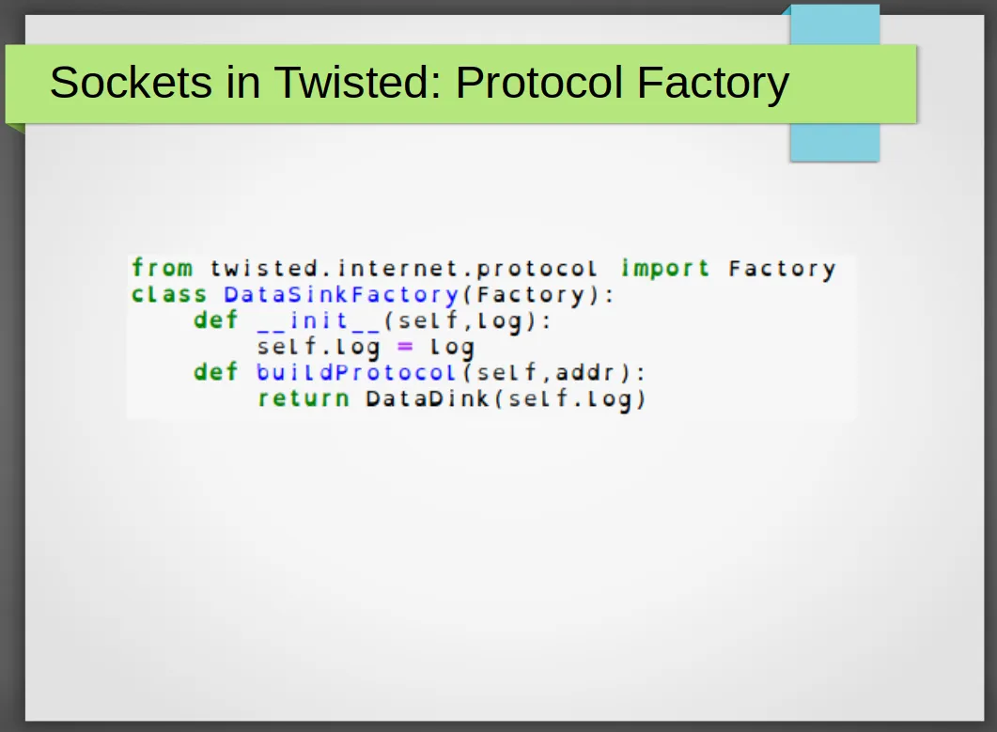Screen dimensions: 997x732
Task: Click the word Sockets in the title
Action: click(131, 82)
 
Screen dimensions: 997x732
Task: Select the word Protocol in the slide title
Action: click(539, 82)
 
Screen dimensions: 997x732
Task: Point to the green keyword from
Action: click(163, 268)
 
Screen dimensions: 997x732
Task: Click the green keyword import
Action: click(665, 269)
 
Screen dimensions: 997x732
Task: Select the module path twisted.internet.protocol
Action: click(404, 269)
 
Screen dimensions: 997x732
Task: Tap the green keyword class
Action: click(169, 294)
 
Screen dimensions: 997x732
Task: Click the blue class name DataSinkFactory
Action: click(341, 295)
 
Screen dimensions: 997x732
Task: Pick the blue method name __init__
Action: click(318, 321)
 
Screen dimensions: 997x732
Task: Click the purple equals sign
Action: click(405, 347)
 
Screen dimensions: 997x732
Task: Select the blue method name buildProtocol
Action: click(356, 373)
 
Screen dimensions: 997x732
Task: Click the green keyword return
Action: click(304, 398)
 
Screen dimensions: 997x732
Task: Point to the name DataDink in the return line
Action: click(428, 398)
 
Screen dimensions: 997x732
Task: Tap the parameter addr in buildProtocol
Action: click(585, 372)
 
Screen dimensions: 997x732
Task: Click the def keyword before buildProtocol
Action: click(215, 372)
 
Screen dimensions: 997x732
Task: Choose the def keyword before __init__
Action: click(215, 319)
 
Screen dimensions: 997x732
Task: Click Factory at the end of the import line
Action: click(782, 269)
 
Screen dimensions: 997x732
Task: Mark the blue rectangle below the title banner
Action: click(834, 142)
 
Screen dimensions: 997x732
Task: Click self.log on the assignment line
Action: click(319, 348)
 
